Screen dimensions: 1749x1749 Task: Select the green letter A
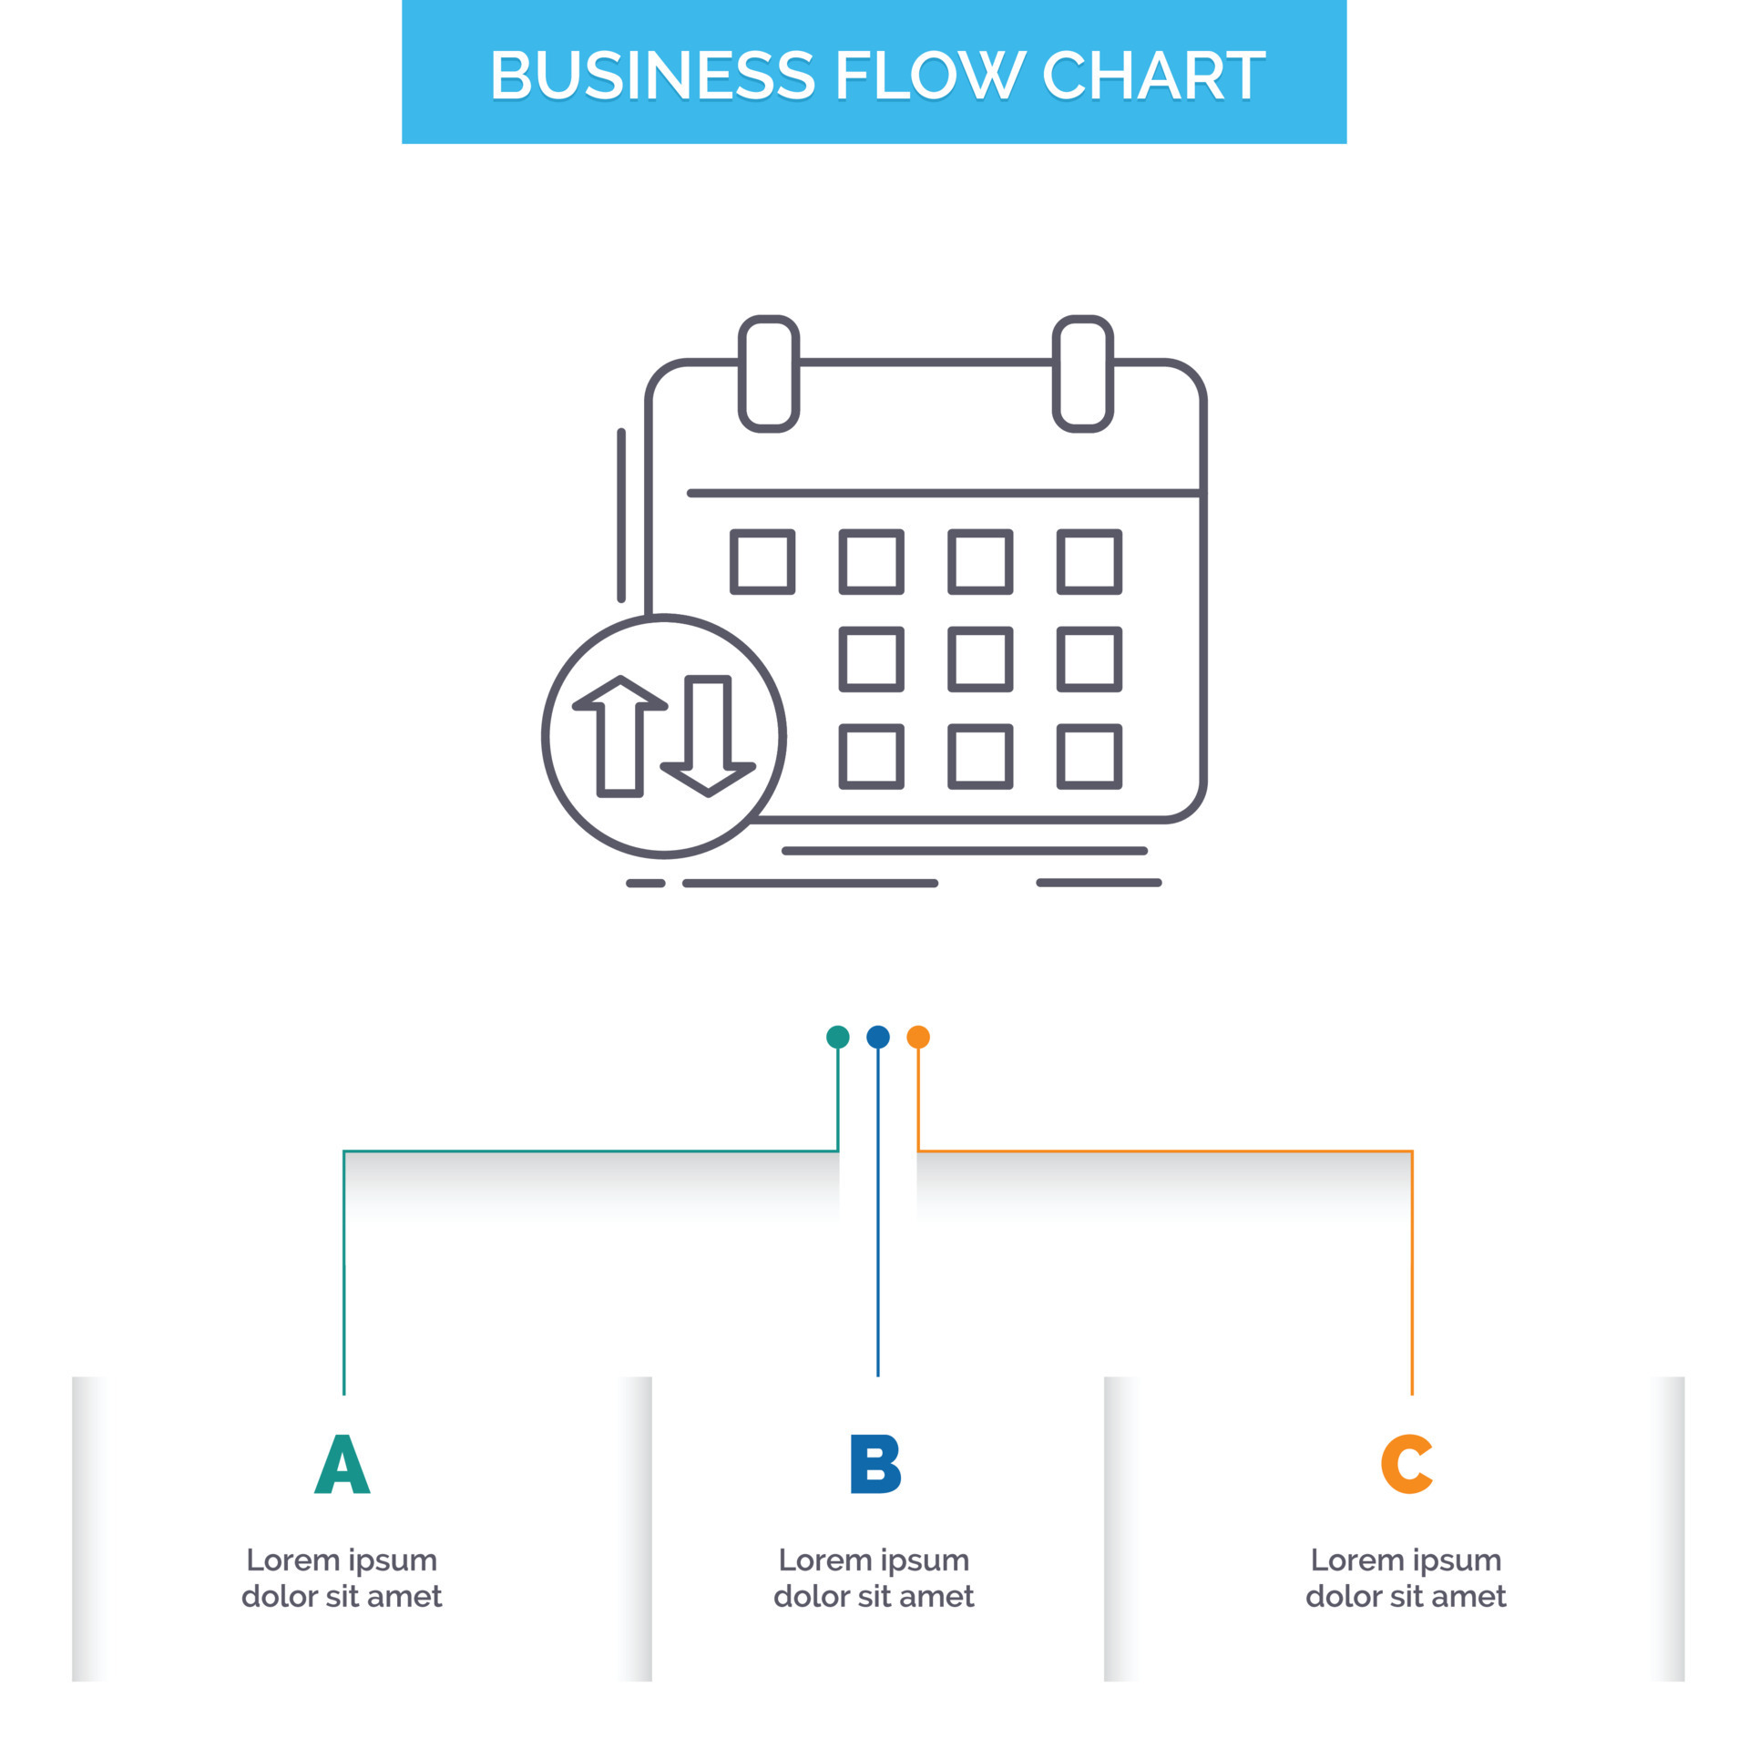(x=342, y=1464)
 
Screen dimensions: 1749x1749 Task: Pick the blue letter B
(x=874, y=1464)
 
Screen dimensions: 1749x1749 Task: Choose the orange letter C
(x=1406, y=1464)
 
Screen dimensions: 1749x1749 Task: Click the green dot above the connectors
(x=837, y=1037)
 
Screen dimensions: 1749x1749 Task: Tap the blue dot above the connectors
(x=877, y=1037)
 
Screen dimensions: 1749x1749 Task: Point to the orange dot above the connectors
(x=918, y=1037)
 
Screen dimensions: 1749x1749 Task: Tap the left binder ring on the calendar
(x=769, y=373)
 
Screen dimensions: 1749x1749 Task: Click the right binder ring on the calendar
(x=1083, y=373)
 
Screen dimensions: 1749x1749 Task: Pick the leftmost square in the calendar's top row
(x=762, y=562)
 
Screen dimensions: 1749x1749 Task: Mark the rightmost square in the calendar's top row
(x=1089, y=562)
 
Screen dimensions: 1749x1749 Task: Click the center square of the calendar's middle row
(x=980, y=659)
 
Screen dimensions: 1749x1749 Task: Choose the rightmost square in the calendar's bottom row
(x=1089, y=756)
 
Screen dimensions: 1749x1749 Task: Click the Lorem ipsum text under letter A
(x=342, y=1578)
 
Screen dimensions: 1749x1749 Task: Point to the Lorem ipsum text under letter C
(x=1406, y=1578)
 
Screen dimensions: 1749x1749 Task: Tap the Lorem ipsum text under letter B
(x=874, y=1578)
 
